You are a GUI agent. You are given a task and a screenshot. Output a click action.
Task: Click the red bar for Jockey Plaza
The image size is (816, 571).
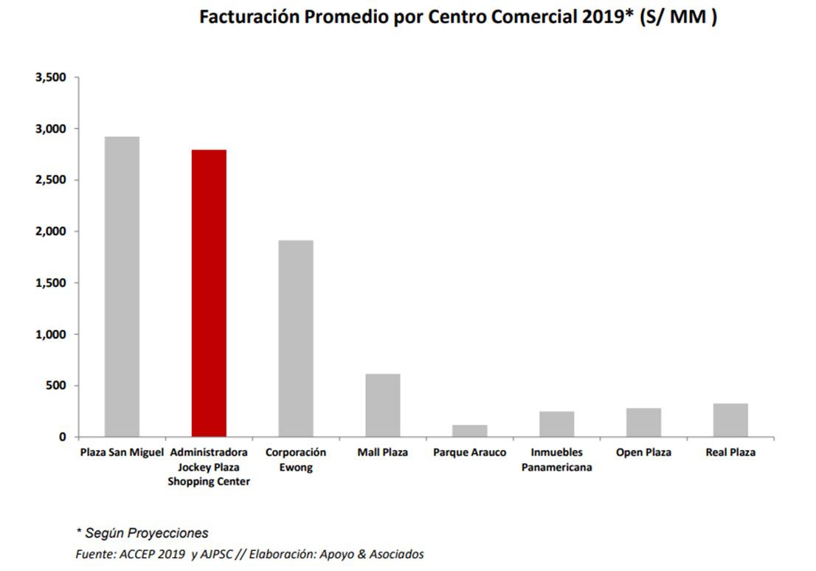pyautogui.click(x=209, y=293)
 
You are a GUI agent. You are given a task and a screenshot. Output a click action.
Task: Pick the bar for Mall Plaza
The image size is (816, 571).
pyautogui.click(x=383, y=405)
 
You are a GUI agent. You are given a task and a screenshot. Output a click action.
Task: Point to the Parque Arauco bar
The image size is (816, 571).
pyautogui.click(x=470, y=431)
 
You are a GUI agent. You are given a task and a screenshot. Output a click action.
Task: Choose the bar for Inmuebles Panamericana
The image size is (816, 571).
pyautogui.click(x=557, y=424)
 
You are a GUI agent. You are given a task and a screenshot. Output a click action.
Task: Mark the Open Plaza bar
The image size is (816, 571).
pyautogui.click(x=644, y=422)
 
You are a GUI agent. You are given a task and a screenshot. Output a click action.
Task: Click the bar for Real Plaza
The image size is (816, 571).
pyautogui.click(x=730, y=420)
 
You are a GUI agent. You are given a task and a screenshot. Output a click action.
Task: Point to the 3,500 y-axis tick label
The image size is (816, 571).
pyautogui.click(x=51, y=77)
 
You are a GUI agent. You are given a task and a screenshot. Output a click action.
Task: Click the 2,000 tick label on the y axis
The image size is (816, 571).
pyautogui.click(x=51, y=232)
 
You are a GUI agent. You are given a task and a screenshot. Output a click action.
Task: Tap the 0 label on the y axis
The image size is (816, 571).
pyautogui.click(x=63, y=437)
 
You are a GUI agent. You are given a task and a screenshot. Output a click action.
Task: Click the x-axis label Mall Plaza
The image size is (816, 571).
pyautogui.click(x=383, y=452)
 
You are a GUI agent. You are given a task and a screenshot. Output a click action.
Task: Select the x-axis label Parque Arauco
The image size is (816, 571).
pyautogui.click(x=470, y=452)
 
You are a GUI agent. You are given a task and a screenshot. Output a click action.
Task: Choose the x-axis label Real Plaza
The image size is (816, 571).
pyautogui.click(x=730, y=452)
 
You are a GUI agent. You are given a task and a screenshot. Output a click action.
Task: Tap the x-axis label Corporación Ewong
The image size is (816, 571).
pyautogui.click(x=296, y=460)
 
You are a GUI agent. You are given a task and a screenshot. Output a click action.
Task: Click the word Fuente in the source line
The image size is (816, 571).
pyautogui.click(x=94, y=553)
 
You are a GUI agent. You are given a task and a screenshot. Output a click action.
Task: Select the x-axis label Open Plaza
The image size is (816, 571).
pyautogui.click(x=644, y=452)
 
